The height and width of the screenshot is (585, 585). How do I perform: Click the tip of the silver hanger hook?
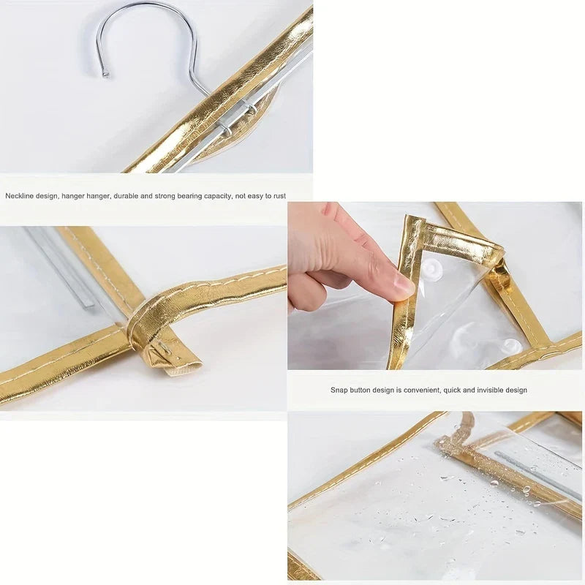[x=106, y=75]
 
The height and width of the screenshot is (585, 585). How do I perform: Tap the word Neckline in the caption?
[x=18, y=195]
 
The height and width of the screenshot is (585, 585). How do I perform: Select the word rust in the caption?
[x=279, y=195]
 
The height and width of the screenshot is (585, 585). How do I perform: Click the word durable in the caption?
[x=125, y=195]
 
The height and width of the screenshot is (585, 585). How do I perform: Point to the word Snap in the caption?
[x=338, y=390]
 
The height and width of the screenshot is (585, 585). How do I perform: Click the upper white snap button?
[x=431, y=268]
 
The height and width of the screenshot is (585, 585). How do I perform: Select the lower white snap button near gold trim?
[x=511, y=345]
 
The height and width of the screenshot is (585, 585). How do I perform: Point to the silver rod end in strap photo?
[x=87, y=304]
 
